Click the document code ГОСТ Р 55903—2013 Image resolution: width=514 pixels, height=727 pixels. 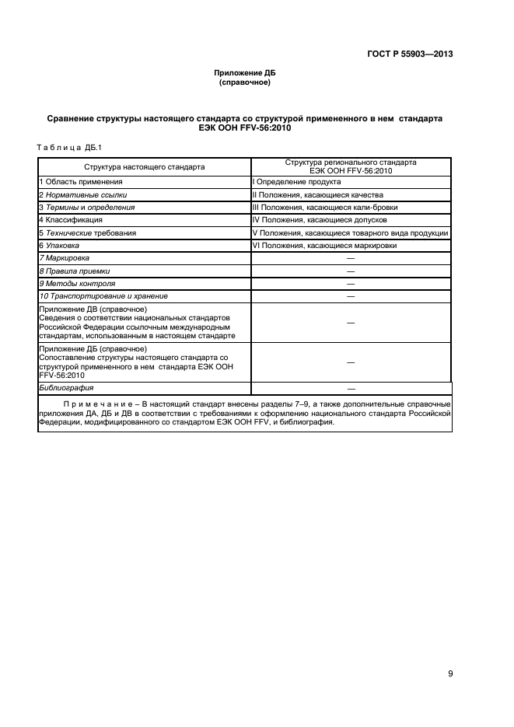point(409,54)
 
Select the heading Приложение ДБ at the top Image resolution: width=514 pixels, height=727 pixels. point(245,73)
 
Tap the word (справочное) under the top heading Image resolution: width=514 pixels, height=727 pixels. point(245,82)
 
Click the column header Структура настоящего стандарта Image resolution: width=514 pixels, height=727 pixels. point(145,166)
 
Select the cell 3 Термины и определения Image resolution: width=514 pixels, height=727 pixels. point(87,208)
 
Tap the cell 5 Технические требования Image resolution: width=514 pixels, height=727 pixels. point(88,232)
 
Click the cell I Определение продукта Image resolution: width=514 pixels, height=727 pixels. point(296,181)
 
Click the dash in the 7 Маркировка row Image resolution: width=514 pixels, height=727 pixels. point(351,258)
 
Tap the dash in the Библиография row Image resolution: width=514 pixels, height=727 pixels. point(351,387)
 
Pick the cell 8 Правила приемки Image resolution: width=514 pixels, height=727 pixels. point(75,271)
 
